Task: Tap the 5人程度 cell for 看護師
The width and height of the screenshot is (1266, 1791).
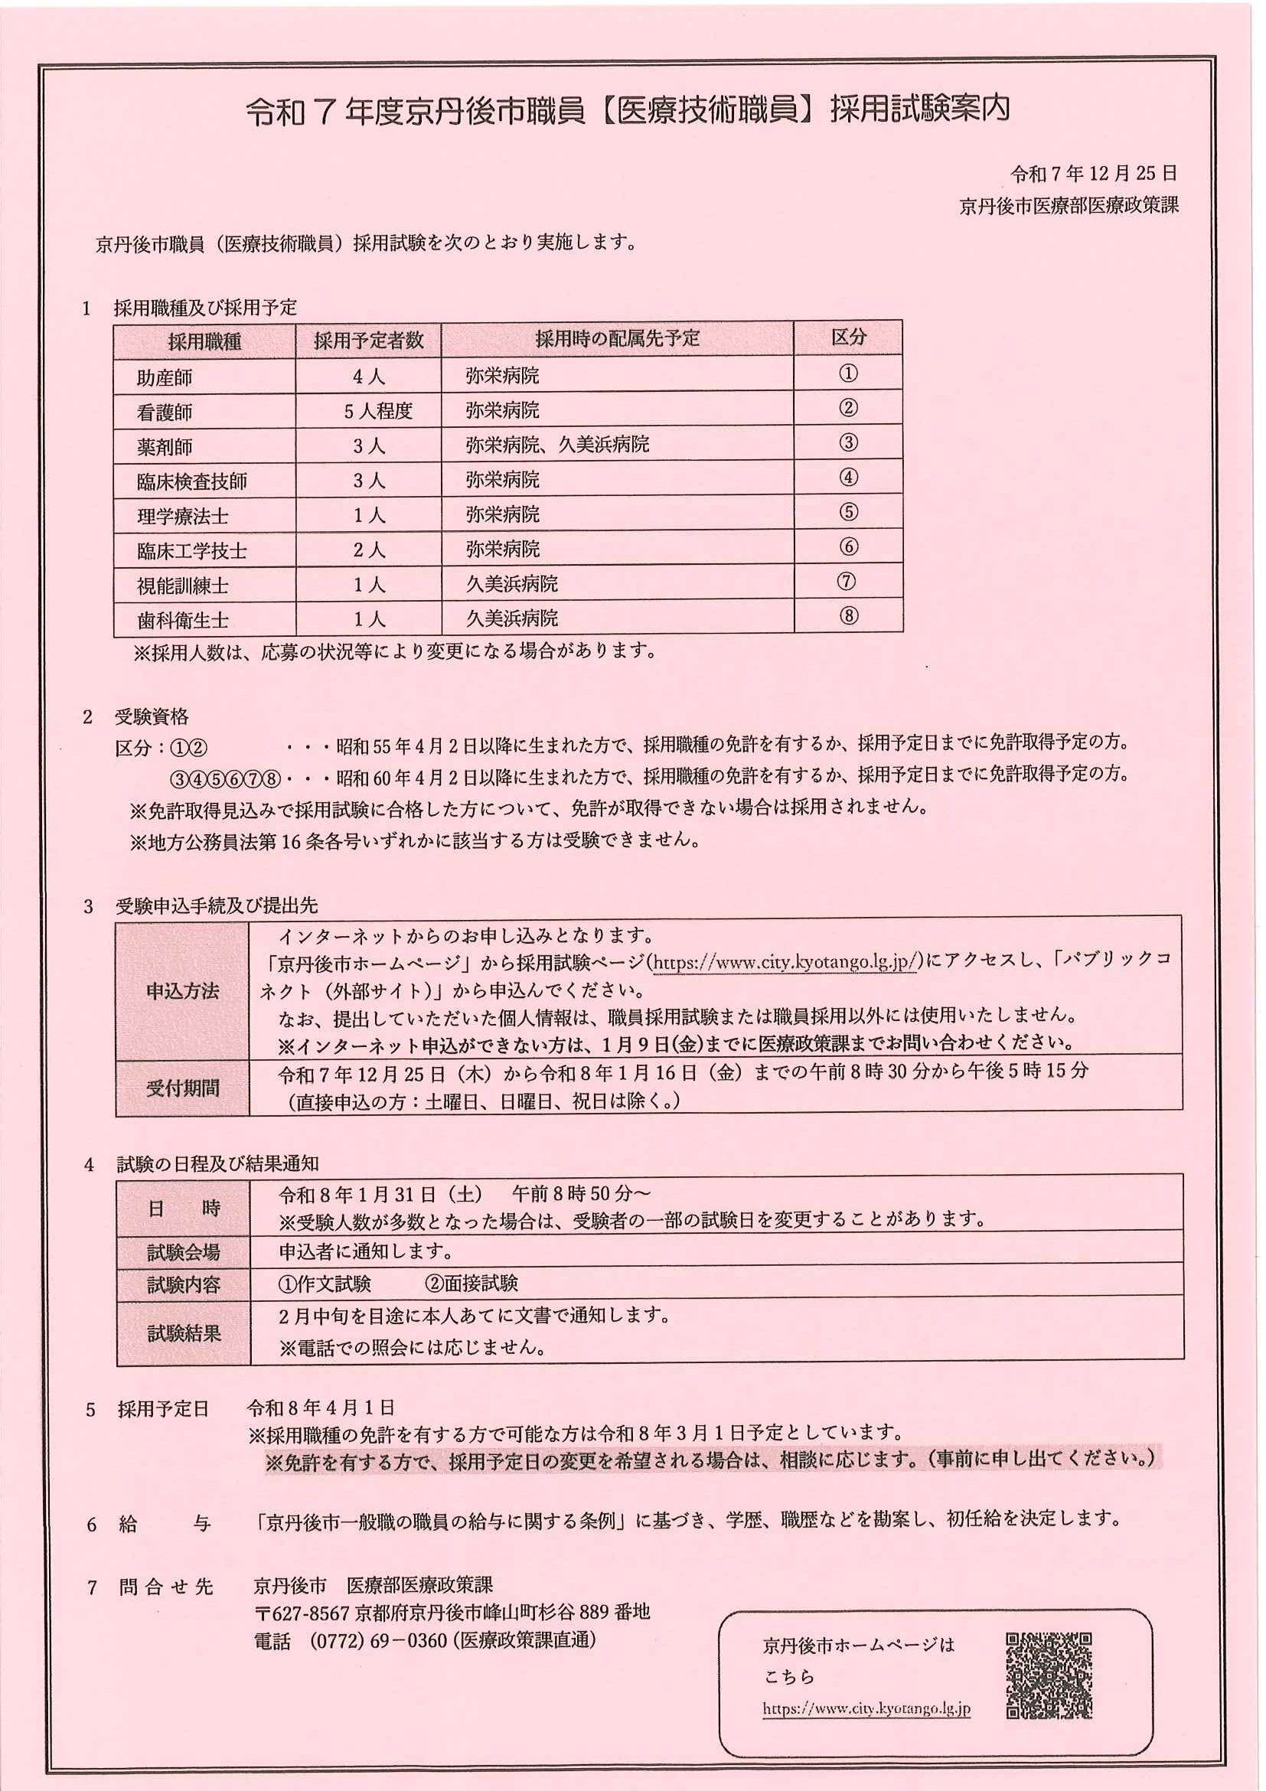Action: click(x=377, y=411)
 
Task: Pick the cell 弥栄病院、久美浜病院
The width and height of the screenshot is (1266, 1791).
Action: click(x=557, y=445)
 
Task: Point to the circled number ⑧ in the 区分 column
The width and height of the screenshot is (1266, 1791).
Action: click(x=848, y=616)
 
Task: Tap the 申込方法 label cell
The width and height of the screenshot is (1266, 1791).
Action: click(x=182, y=990)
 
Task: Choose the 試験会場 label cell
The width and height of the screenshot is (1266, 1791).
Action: click(x=183, y=1252)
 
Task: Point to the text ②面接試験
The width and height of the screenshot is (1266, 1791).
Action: click(x=471, y=1284)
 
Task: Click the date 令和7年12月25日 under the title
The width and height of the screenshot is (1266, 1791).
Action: click(x=1094, y=173)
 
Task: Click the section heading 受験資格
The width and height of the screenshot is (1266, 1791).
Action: click(x=152, y=717)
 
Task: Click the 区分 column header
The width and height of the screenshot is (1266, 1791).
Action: click(x=848, y=338)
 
